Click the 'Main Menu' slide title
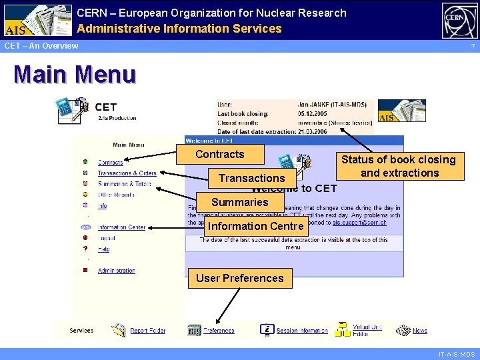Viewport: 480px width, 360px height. point(75,74)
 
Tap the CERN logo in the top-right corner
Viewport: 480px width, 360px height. point(459,20)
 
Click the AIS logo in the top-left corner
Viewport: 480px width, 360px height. point(37,20)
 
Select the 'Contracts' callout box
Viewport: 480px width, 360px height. point(220,154)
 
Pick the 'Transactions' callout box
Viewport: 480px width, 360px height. point(251,178)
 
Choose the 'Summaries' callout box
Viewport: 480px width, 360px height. point(240,202)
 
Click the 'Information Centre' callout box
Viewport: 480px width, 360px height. point(256,226)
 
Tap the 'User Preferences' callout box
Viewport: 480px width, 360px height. point(240,278)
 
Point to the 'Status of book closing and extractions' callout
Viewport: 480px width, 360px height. point(399,166)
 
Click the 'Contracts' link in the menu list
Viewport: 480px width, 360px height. point(111,162)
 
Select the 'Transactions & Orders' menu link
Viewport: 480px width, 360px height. point(127,173)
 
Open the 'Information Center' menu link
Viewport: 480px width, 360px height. point(121,227)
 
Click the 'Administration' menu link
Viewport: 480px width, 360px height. point(116,271)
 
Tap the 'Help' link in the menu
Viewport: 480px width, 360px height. point(103,249)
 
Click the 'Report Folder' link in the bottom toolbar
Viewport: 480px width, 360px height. point(147,330)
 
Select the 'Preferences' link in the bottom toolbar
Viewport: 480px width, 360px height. point(219,330)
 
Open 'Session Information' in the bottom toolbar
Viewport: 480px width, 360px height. point(301,330)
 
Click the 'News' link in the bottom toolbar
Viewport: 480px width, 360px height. point(419,330)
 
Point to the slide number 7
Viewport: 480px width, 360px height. point(473,46)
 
